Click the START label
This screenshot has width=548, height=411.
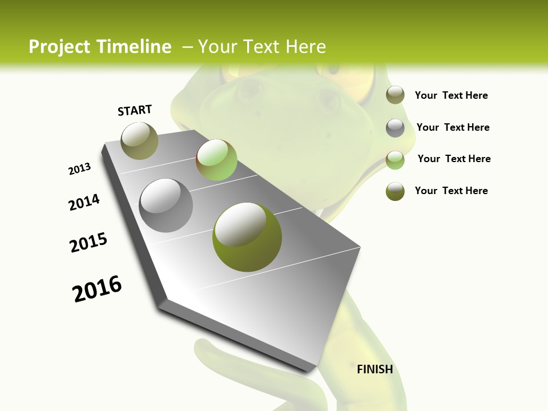[x=135, y=110]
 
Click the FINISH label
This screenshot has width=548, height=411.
[x=374, y=369]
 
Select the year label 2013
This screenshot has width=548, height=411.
[x=80, y=169]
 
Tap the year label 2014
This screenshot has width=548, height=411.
[x=84, y=203]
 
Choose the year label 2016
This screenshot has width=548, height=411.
[x=97, y=289]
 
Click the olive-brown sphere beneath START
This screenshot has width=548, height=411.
[x=140, y=140]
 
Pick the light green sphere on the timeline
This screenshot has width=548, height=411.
[x=216, y=160]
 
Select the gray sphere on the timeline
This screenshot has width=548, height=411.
[x=166, y=205]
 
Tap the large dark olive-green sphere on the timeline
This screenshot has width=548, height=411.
[x=247, y=237]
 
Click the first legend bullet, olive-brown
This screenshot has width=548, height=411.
[x=395, y=95]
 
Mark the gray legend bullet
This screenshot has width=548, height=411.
[x=395, y=128]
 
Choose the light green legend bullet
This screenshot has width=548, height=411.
[x=395, y=160]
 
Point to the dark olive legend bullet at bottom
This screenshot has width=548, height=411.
[x=395, y=191]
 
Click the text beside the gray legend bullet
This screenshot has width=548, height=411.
[x=453, y=127]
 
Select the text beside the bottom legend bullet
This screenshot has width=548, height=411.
[x=451, y=191]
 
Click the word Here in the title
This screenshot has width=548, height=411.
[x=305, y=47]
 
